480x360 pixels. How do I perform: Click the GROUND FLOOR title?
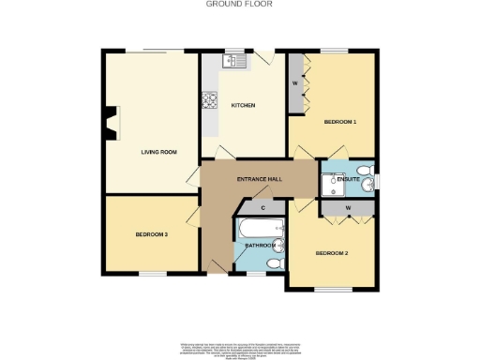pyautogui.click(x=239, y=4)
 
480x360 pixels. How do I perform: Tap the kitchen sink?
pyautogui.click(x=232, y=61)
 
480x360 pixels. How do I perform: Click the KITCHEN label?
pyautogui.click(x=243, y=106)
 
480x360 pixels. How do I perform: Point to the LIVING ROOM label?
pyautogui.click(x=158, y=151)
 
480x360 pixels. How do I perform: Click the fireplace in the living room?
pyautogui.click(x=112, y=122)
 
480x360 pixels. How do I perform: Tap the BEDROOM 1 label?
pyautogui.click(x=340, y=122)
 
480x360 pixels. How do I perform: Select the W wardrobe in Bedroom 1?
pyautogui.click(x=295, y=82)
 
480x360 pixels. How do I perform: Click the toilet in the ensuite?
pyautogui.click(x=368, y=181)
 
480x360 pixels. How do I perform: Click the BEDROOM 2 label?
pyautogui.click(x=331, y=253)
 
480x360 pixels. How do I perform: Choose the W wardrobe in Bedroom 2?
pyautogui.click(x=348, y=207)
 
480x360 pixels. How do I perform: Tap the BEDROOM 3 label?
pyautogui.click(x=151, y=234)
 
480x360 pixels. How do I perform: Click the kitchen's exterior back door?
pyautogui.click(x=265, y=56)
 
